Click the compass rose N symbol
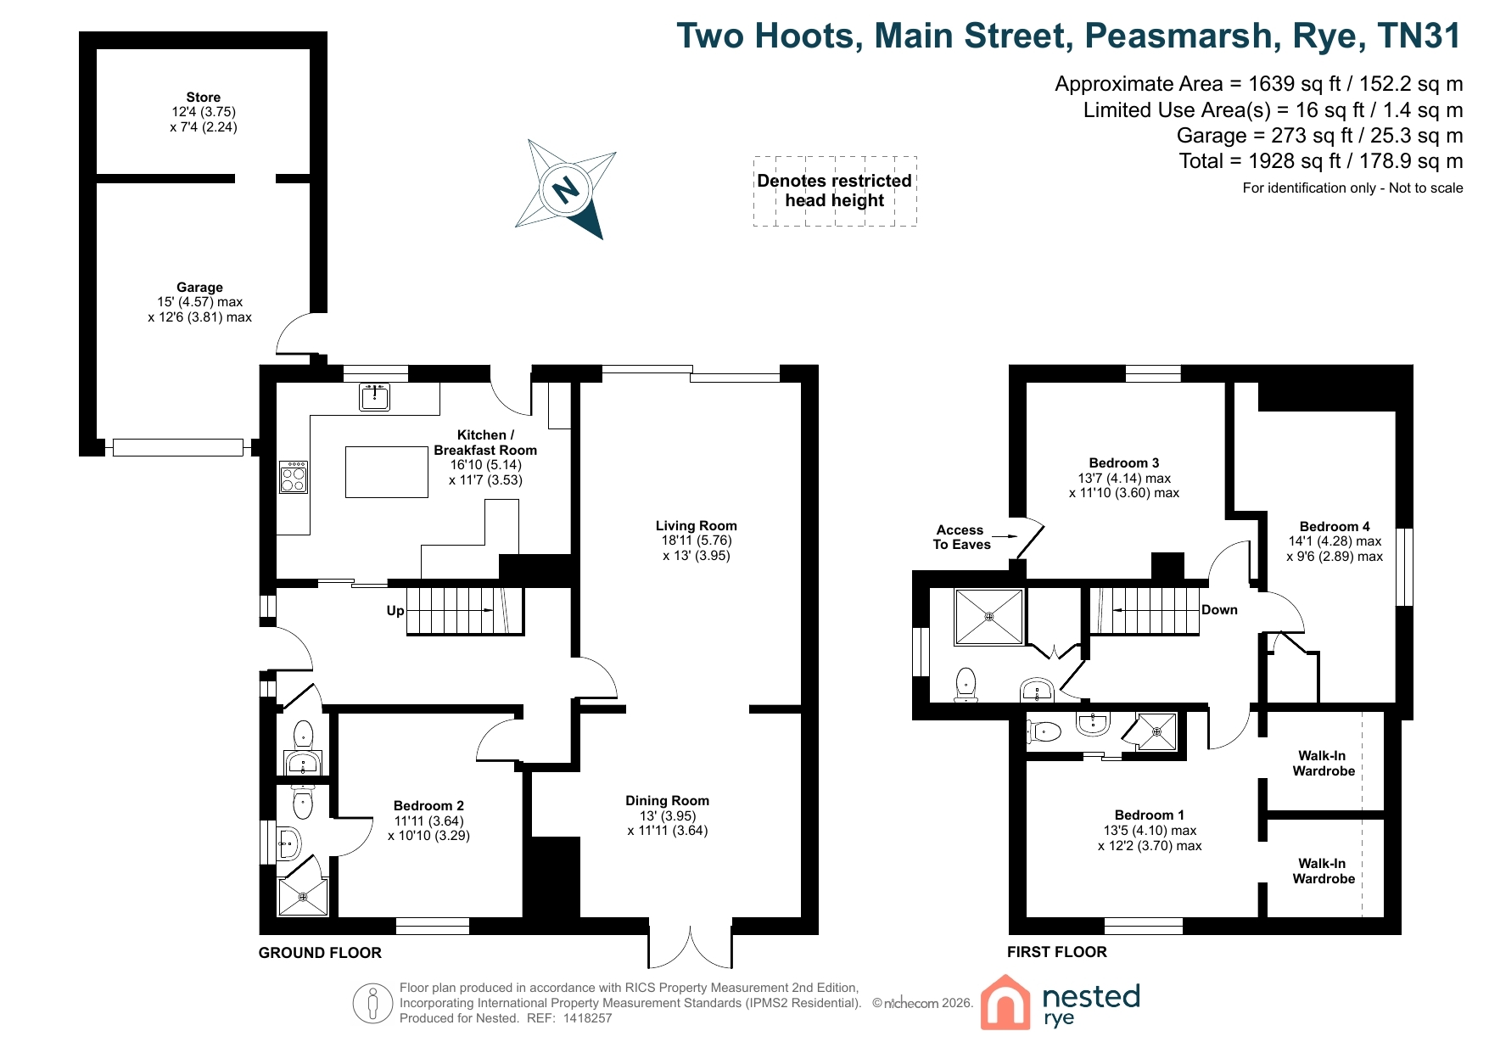[x=566, y=188]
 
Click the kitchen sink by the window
[x=374, y=396]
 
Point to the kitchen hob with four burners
[x=294, y=477]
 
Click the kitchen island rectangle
[x=387, y=472]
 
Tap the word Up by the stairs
[x=395, y=610]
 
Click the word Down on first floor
[x=1219, y=610]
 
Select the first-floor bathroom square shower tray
[x=989, y=617]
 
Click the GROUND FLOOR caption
[x=320, y=953]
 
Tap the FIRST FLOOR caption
[x=1057, y=952]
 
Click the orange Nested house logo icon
[x=1005, y=1002]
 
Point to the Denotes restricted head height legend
[x=835, y=191]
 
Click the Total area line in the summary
[x=1321, y=161]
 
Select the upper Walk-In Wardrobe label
[x=1324, y=764]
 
